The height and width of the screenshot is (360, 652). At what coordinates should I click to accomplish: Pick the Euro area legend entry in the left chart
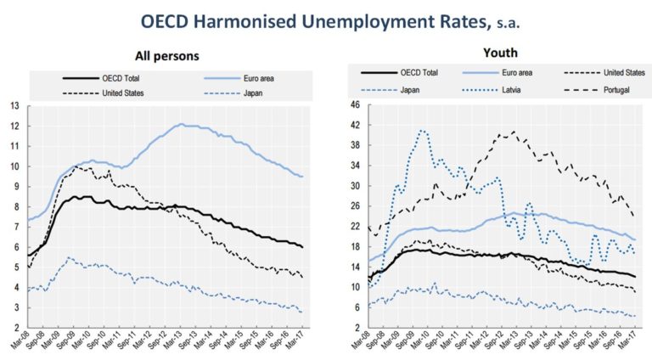(256, 77)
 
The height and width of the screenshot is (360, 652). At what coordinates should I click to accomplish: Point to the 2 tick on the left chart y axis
(14, 328)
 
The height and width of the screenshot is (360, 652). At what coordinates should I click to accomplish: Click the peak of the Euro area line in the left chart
(181, 124)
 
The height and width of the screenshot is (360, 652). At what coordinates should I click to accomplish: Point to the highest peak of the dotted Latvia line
(422, 131)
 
